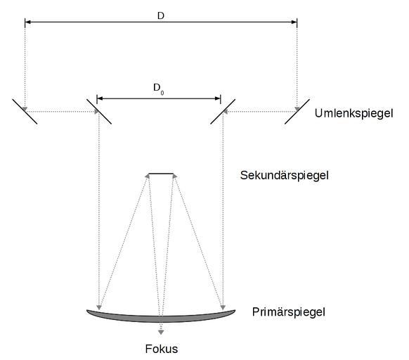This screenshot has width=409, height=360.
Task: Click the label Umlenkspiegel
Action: pyautogui.click(x=353, y=114)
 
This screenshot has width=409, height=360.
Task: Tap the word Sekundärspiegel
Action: pyautogui.click(x=285, y=175)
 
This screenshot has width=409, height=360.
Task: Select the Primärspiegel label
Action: pyautogui.click(x=289, y=312)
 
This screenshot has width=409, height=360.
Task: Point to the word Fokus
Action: pyautogui.click(x=162, y=349)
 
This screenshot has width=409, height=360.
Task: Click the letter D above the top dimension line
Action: pyautogui.click(x=161, y=16)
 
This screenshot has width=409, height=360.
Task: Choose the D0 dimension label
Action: pyautogui.click(x=159, y=89)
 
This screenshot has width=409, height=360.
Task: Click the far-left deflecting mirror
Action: pyautogui.click(x=25, y=112)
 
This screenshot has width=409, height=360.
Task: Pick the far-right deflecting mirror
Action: pyautogui.click(x=297, y=112)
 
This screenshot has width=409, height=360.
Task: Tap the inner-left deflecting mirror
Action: pyautogui.click(x=99, y=112)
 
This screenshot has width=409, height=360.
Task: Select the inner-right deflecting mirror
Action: pyautogui.click(x=223, y=112)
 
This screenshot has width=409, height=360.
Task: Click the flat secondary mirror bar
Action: pyautogui.click(x=161, y=174)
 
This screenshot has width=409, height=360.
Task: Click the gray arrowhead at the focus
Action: pyautogui.click(x=161, y=333)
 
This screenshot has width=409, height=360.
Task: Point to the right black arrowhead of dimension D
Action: pyautogui.click(x=294, y=22)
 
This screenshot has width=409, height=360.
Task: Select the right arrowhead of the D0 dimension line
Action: pyautogui.click(x=218, y=98)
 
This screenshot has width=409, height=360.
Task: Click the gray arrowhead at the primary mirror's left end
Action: pyautogui.click(x=99, y=307)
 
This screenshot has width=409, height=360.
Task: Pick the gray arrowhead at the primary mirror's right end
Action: pyautogui.click(x=223, y=307)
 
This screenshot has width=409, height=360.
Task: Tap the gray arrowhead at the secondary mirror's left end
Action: pyautogui.click(x=147, y=176)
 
